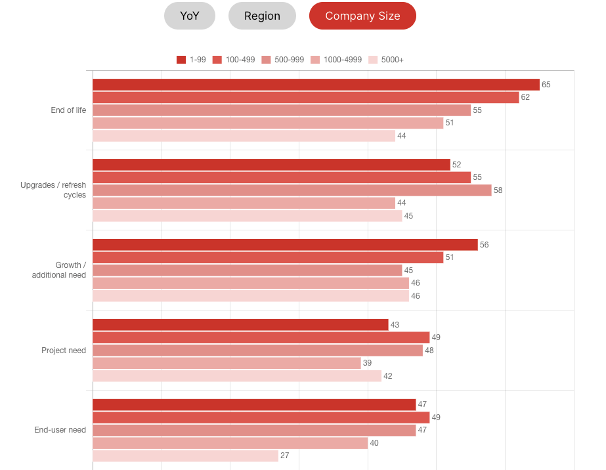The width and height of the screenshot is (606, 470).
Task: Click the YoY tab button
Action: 190,16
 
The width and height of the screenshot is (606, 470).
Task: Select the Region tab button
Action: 262,16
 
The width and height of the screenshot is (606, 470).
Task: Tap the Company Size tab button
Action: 362,16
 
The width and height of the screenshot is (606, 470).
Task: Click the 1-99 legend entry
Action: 191,60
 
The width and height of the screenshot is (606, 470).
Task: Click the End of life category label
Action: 68,110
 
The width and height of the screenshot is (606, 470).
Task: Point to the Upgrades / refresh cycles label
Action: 53,190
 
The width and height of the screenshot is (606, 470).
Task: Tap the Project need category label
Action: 64,351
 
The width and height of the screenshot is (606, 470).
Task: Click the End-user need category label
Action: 60,430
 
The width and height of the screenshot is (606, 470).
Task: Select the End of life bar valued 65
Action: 316,85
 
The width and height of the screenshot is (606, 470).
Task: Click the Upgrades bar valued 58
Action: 292,190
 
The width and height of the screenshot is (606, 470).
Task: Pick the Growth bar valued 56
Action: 285,245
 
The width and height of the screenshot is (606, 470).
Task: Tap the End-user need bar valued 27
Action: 185,456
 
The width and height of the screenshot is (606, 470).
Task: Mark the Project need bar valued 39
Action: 227,363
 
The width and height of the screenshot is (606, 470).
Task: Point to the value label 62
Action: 525,97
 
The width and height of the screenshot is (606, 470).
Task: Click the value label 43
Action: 395,325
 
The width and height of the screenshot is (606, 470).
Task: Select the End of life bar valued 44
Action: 244,136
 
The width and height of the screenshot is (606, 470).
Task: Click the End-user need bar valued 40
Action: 230,443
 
